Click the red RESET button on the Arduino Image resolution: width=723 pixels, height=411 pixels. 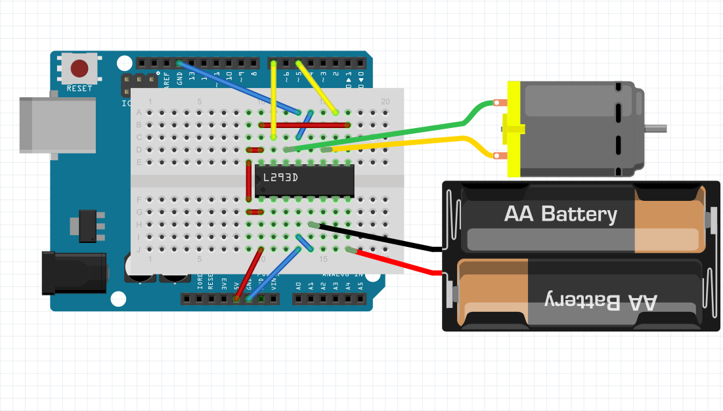(80, 68)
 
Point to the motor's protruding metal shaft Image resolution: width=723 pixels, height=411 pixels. (656, 127)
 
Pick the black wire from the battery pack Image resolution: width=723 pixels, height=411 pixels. (381, 238)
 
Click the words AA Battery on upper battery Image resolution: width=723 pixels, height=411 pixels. (560, 214)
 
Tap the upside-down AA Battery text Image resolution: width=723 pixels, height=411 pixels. (601, 301)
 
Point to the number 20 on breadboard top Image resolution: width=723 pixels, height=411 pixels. (385, 101)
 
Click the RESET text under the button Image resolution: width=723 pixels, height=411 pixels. (80, 87)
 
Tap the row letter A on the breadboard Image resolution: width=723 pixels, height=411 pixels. (139, 112)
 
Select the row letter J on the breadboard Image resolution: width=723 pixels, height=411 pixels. (139, 249)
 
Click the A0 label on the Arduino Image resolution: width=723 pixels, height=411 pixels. (299, 286)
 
